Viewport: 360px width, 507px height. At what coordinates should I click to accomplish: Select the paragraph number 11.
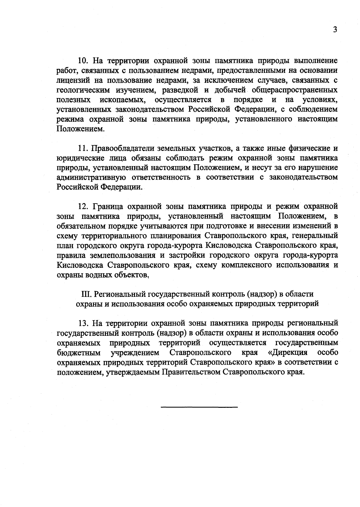point(83,148)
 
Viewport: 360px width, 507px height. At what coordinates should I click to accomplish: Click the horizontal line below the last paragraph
point(199,407)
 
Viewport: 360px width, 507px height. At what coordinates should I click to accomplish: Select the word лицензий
point(71,80)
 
